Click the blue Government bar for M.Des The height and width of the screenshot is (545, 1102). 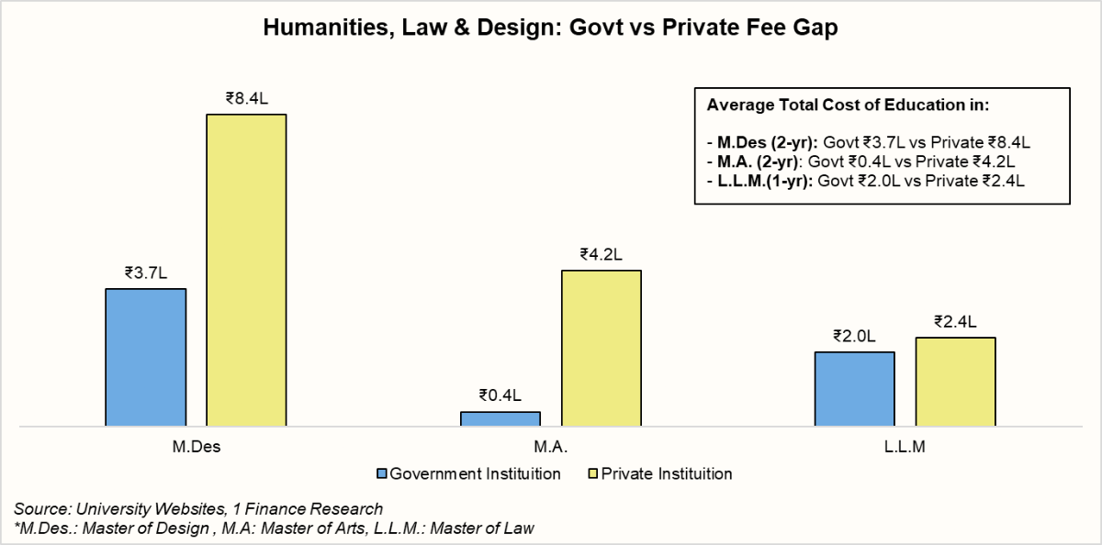146,357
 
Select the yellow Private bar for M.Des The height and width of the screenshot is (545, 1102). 246,270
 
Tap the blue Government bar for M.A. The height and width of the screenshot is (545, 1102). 500,418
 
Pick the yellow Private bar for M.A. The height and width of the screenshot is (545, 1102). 601,348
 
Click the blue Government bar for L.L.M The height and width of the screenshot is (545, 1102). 855,389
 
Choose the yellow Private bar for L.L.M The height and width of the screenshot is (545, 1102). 955,382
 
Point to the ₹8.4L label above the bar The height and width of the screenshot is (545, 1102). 246,98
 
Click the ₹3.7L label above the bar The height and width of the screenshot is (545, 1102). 146,272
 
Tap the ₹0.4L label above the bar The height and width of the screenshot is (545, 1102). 500,395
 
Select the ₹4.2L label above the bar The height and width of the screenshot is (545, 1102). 601,254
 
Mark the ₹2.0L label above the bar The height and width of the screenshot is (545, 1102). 855,335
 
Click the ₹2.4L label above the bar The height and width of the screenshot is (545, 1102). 955,321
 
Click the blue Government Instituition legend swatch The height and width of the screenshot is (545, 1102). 382,474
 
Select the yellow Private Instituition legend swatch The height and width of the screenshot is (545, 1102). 592,474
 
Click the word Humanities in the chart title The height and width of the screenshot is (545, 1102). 316,28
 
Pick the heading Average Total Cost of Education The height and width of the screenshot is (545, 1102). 847,105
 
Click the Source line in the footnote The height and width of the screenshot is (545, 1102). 198,508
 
